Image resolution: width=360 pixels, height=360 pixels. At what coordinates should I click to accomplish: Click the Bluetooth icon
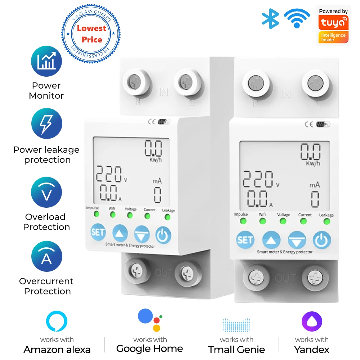tap(271, 18)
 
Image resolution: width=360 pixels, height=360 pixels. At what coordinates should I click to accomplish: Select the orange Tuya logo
tap(333, 23)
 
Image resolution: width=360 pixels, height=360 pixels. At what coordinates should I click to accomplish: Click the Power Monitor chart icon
tap(46, 61)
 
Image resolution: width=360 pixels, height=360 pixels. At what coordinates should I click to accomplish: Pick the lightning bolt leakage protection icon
tap(46, 124)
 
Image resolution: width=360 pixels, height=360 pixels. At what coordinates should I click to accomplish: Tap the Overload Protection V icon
tap(46, 192)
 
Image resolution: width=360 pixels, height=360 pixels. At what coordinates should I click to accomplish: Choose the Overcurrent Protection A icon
tap(46, 257)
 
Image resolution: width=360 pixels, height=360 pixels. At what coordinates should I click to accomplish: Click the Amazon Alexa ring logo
tap(57, 321)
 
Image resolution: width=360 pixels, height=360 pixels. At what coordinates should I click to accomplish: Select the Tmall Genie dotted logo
tap(236, 324)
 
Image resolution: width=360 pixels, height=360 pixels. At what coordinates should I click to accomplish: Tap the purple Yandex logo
tap(312, 321)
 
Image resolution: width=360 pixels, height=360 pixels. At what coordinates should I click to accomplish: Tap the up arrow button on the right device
tap(273, 240)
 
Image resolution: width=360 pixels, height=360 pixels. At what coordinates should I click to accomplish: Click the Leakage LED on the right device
tap(327, 221)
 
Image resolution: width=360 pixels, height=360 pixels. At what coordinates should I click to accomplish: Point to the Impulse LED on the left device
tap(96, 214)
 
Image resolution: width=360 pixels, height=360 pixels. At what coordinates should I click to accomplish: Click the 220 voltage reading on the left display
tap(109, 174)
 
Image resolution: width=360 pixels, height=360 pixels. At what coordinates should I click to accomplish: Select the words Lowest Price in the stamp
tap(91, 34)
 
